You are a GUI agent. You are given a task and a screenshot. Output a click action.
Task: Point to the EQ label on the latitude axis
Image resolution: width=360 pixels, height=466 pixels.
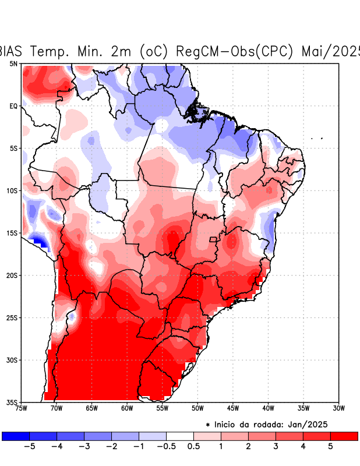pos(13,106)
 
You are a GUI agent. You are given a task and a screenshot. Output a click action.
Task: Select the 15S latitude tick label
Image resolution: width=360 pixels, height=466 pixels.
pos(12,233)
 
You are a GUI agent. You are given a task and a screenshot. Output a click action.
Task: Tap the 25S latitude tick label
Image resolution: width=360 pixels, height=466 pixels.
pos(12,317)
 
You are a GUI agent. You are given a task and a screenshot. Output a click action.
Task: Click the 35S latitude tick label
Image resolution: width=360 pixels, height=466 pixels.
pos(12,402)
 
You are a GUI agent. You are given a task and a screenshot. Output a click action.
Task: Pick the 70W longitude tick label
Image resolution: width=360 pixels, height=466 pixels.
pos(56,408)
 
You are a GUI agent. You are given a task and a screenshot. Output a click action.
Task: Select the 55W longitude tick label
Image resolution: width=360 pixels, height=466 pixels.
pos(162,408)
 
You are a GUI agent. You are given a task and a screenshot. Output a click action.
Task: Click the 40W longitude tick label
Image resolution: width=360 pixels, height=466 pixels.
pos(268,408)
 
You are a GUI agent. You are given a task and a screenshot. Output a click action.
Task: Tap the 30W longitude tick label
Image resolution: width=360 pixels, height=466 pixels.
pos(339,408)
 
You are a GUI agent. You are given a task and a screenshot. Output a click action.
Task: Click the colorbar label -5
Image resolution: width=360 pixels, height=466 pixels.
pos(30,446)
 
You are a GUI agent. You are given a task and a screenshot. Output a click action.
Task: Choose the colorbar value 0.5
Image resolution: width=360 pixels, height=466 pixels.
pos(194,446)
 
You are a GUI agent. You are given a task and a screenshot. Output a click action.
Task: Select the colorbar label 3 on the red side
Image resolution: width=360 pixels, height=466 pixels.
pos(276,446)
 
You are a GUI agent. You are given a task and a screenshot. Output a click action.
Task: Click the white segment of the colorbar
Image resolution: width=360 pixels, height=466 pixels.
pos(180,436)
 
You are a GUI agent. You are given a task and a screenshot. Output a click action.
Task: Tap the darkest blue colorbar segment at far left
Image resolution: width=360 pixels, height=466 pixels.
pos(16,436)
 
